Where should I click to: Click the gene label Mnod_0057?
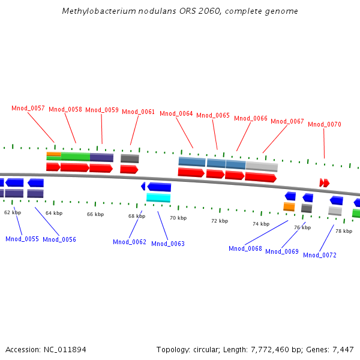28,108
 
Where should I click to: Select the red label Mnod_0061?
139,112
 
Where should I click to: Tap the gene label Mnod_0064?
176,113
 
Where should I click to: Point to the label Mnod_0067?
287,121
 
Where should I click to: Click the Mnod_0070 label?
325,124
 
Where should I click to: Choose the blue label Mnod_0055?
22,239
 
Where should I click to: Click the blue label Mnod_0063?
168,244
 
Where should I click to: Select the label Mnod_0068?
245,248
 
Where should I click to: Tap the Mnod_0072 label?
320,255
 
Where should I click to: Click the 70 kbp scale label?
178,218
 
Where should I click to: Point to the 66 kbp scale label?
95,214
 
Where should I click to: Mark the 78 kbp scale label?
344,231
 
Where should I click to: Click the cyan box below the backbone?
158,197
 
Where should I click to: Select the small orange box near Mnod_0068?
289,206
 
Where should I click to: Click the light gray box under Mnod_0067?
262,166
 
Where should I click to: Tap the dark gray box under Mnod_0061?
130,158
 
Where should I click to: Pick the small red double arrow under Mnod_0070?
325,182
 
